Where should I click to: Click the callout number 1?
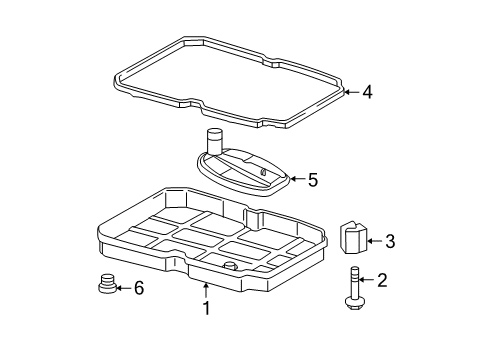(x=207, y=308)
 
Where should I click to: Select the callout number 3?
(x=391, y=240)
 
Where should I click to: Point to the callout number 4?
(x=368, y=93)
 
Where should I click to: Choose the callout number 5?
(x=312, y=180)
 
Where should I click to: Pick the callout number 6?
(x=139, y=288)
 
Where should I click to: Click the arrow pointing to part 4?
(x=351, y=93)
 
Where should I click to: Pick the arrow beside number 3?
(x=375, y=240)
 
